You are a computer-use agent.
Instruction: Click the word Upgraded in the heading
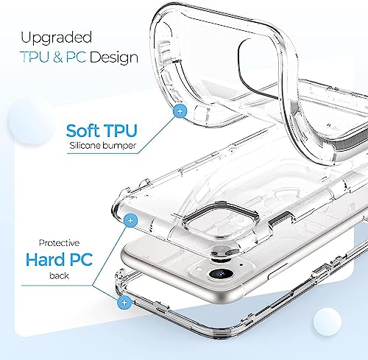56,38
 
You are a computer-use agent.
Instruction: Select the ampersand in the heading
57,57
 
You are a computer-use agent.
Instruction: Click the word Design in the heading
113,57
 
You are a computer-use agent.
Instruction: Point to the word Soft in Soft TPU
82,130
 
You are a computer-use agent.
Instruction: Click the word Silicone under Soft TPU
85,145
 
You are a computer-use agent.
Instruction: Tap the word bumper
119,146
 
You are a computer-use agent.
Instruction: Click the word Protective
59,243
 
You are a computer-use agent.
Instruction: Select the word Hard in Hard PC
46,259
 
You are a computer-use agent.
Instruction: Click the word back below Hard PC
59,275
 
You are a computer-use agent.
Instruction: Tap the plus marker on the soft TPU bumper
180,111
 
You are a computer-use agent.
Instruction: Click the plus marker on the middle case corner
131,220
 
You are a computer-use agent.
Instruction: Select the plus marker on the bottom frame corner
124,303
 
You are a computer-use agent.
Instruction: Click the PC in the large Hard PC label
81,259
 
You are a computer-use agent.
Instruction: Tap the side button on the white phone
278,271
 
